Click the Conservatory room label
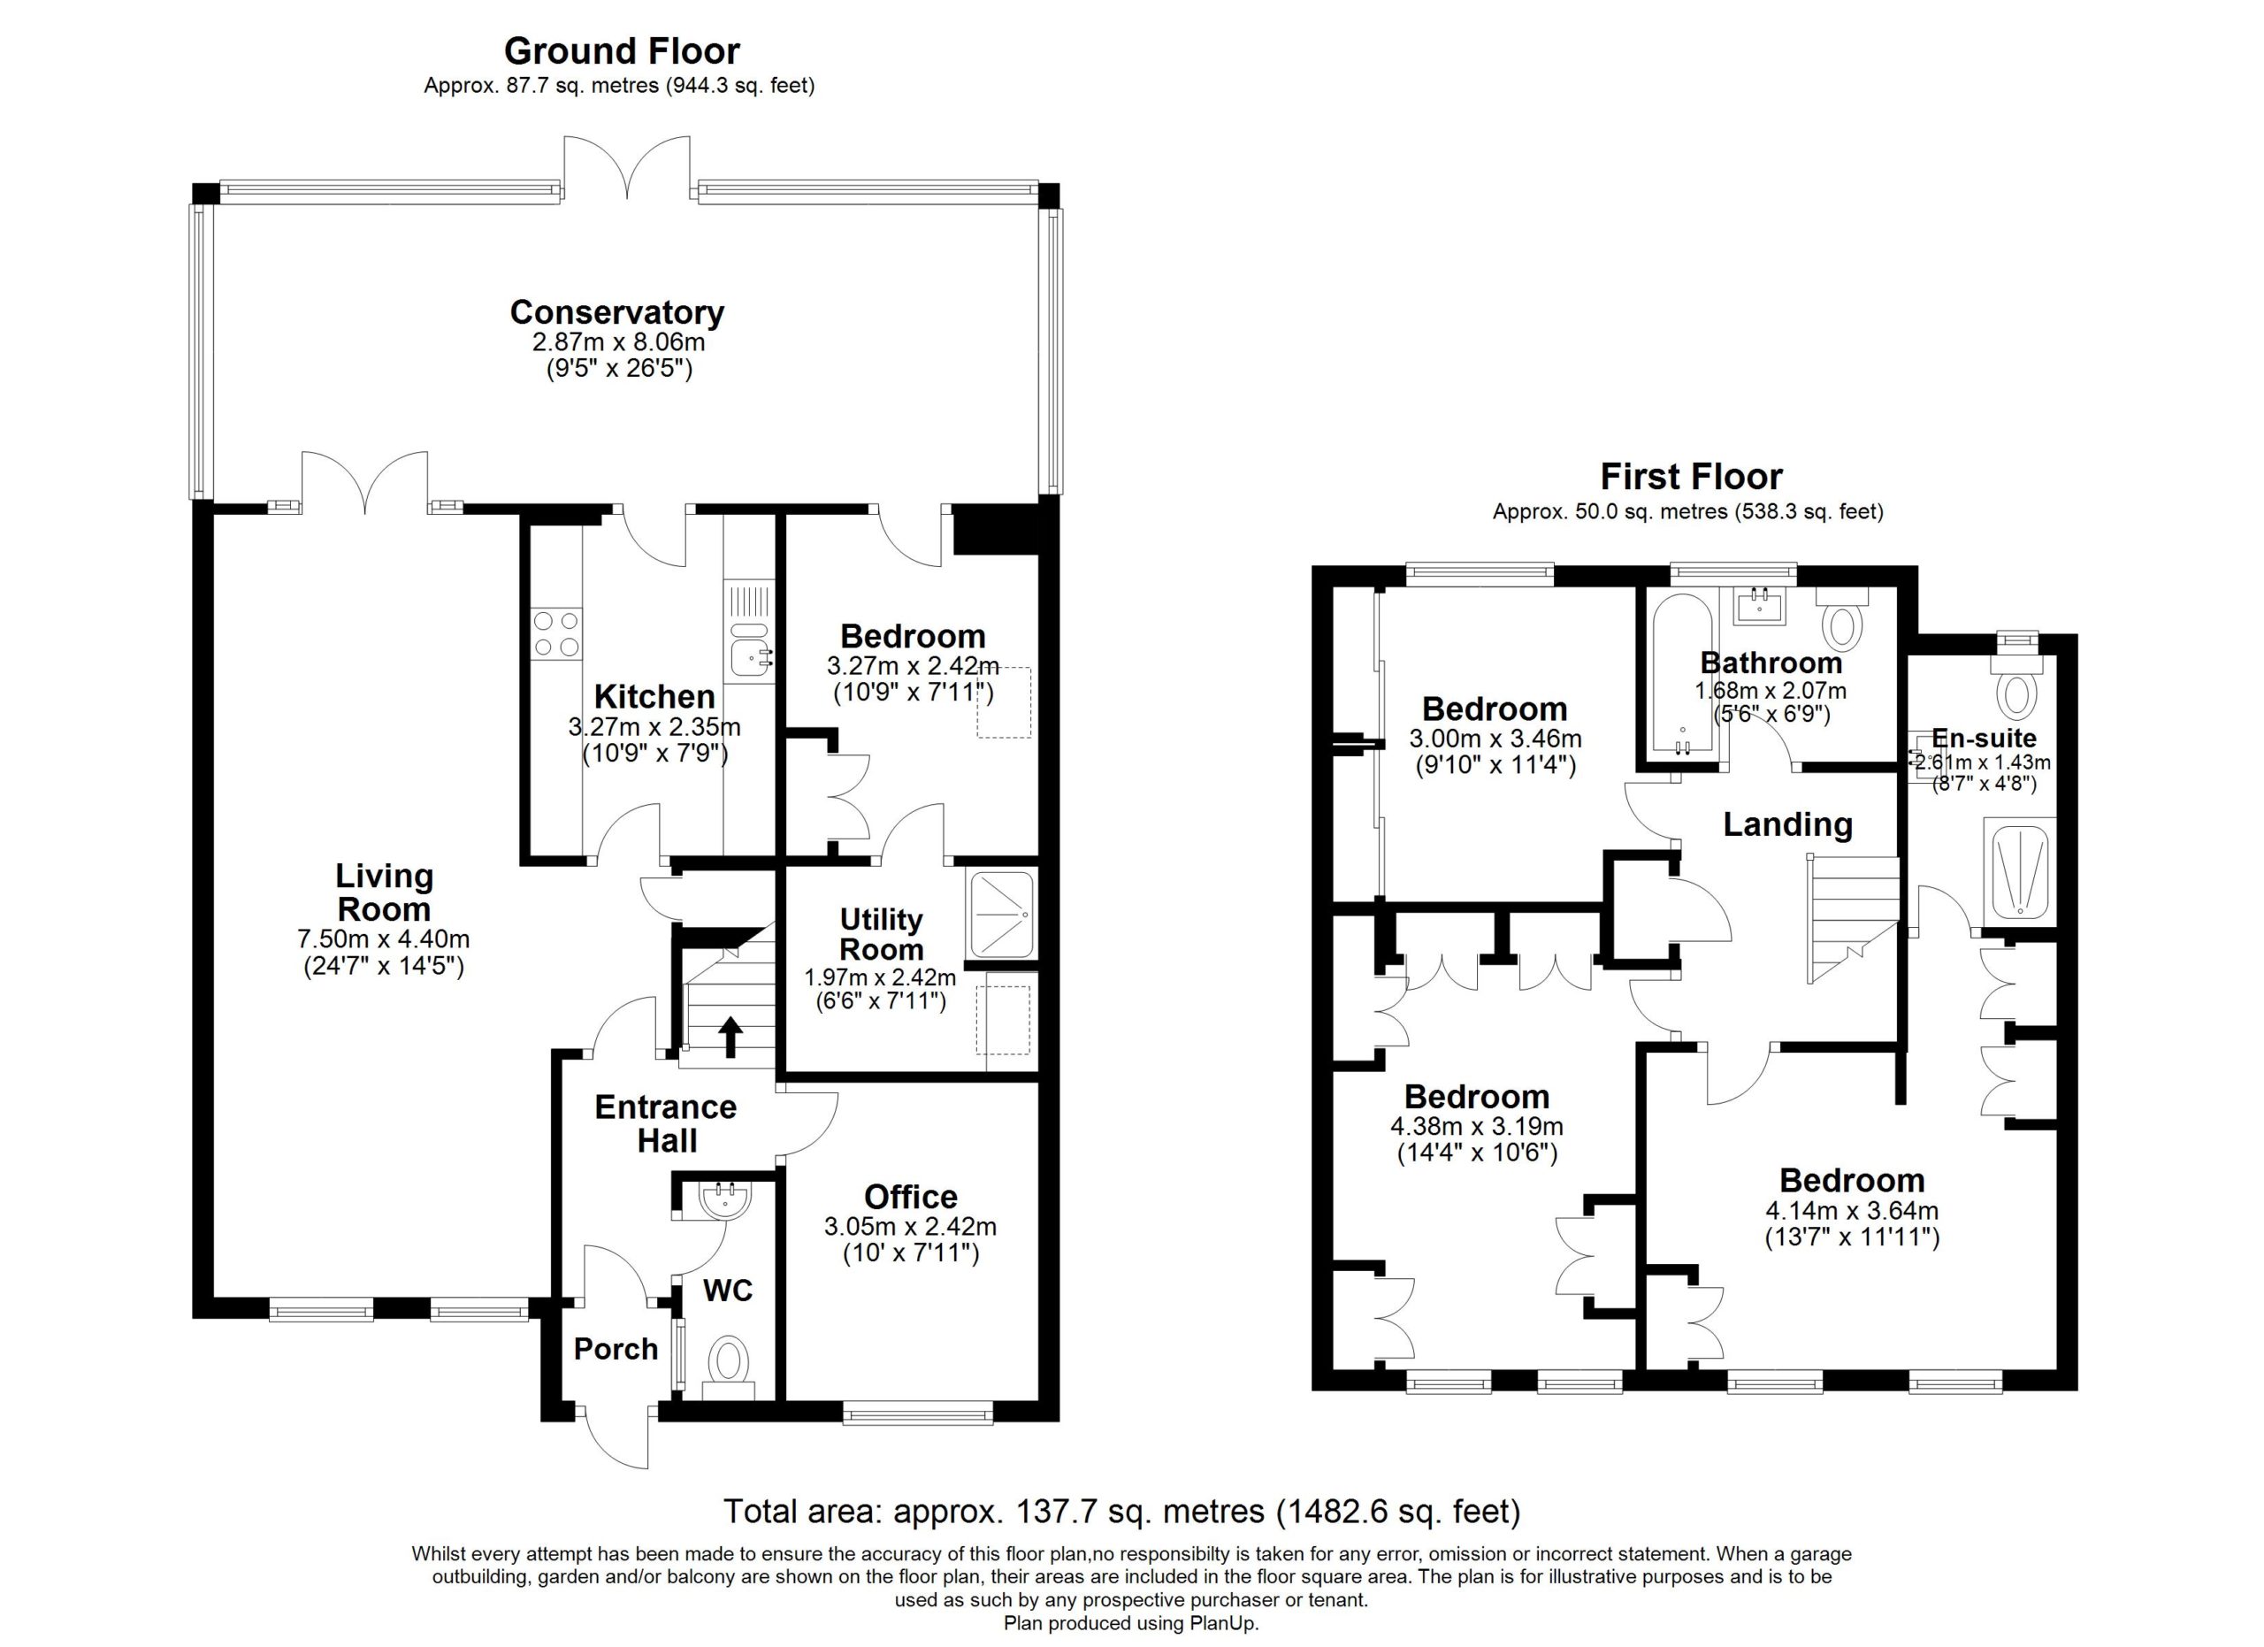coord(617,312)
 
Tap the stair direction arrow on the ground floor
coord(730,1036)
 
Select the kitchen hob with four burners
coord(556,634)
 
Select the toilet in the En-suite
coord(2017,683)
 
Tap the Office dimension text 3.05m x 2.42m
coord(909,1227)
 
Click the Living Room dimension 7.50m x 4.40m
coord(383,939)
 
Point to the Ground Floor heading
coord(621,51)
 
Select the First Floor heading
coord(1691,476)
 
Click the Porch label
coord(616,1350)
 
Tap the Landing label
coord(1786,824)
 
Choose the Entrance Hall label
coord(666,1123)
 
